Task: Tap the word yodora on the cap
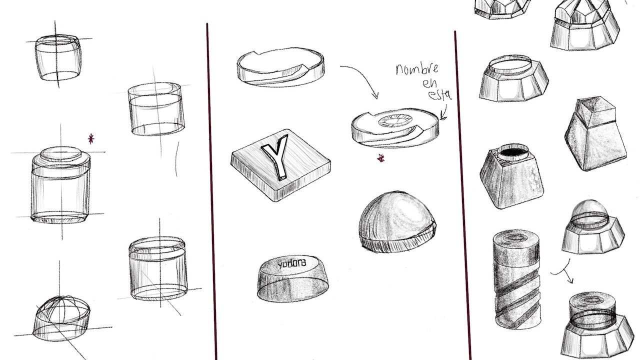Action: [x=291, y=263]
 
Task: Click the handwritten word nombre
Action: [x=417, y=69]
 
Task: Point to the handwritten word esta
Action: [x=440, y=94]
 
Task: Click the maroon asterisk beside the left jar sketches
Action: [x=91, y=139]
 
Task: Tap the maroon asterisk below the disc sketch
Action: [x=380, y=157]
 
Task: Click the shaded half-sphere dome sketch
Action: [x=397, y=221]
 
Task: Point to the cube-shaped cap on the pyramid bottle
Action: [x=595, y=112]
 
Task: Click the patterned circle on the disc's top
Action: [x=394, y=120]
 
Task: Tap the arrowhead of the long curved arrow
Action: [x=375, y=95]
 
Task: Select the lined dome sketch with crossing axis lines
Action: [x=62, y=318]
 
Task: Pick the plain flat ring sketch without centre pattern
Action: [x=280, y=67]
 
